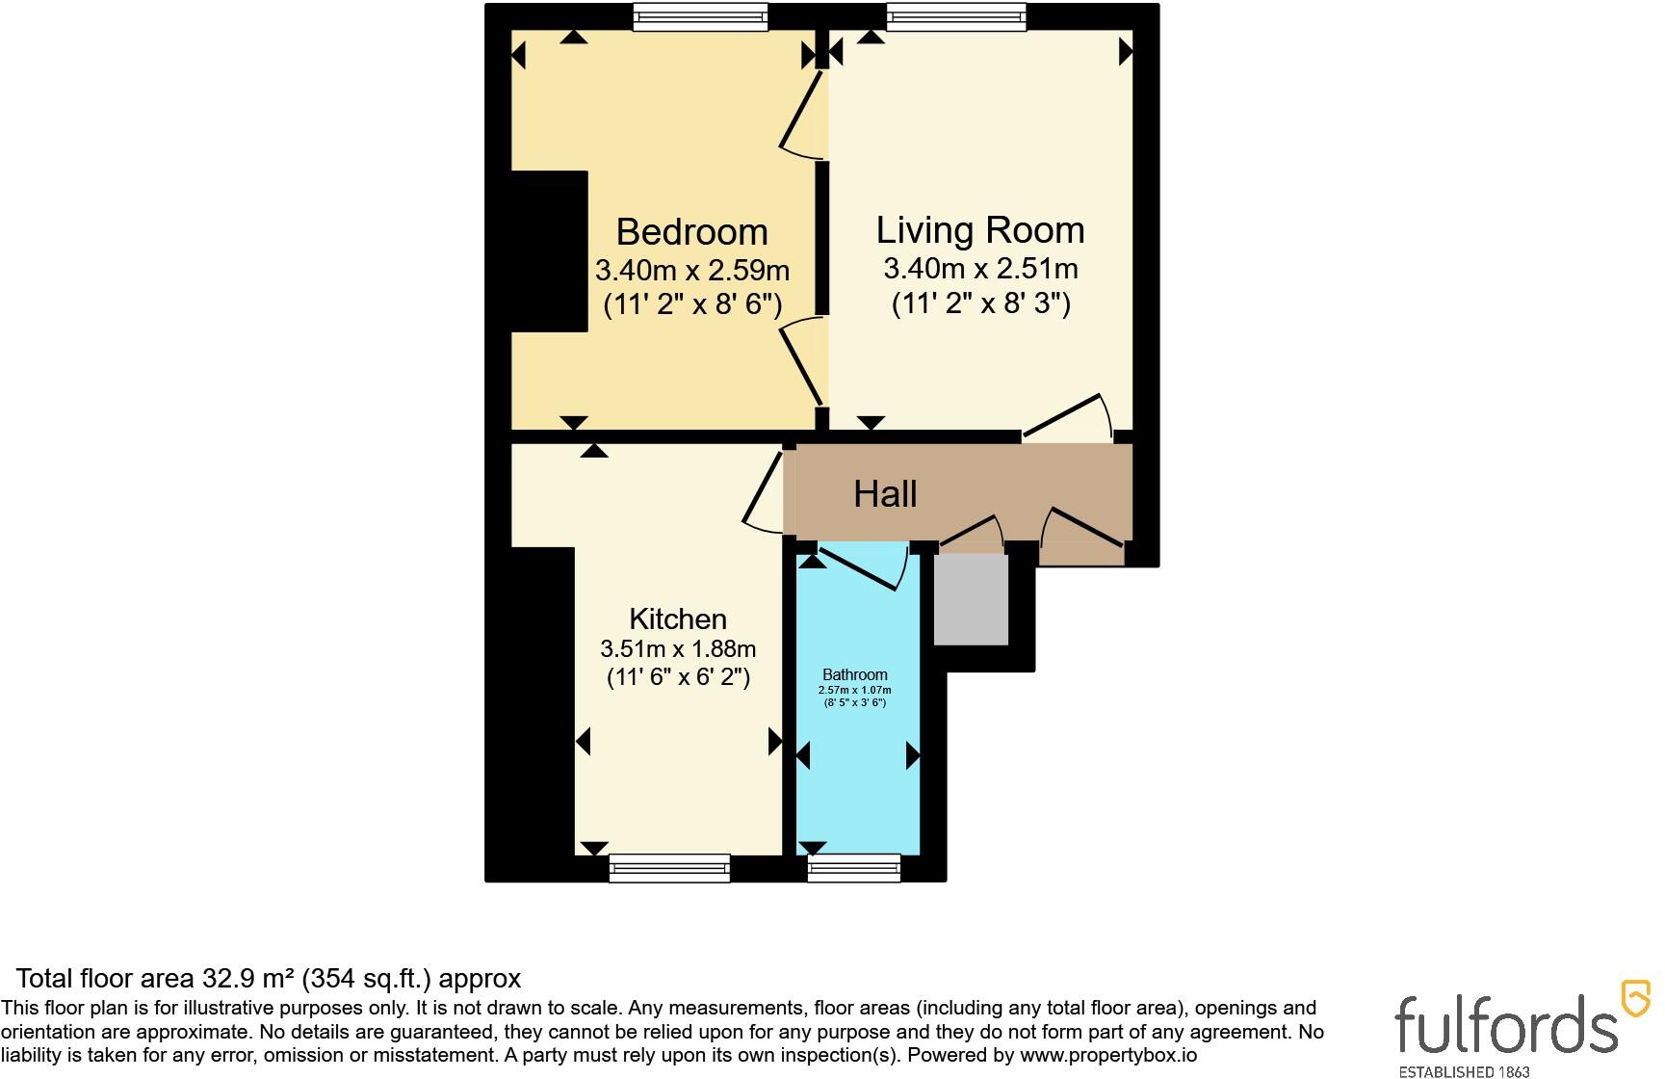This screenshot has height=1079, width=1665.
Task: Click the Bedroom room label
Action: pyautogui.click(x=691, y=232)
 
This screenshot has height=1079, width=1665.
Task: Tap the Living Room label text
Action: pyautogui.click(x=980, y=230)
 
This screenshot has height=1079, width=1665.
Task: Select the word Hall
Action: pyautogui.click(x=885, y=494)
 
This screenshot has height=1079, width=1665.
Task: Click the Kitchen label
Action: pyautogui.click(x=678, y=618)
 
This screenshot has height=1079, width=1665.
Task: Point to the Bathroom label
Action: pyautogui.click(x=855, y=674)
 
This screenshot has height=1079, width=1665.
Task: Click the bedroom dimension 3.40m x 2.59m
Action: pyautogui.click(x=692, y=270)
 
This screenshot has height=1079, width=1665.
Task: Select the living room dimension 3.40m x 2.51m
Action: pyautogui.click(x=980, y=268)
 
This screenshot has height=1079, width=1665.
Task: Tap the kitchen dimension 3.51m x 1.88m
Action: pyautogui.click(x=678, y=648)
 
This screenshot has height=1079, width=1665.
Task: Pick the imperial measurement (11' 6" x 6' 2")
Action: pyautogui.click(x=678, y=677)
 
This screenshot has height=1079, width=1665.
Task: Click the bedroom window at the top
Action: pyautogui.click(x=700, y=16)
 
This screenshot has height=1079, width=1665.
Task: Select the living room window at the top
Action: pyautogui.click(x=956, y=16)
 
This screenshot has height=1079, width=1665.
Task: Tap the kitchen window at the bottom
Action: pyautogui.click(x=669, y=868)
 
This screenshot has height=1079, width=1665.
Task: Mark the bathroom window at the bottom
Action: pyautogui.click(x=854, y=868)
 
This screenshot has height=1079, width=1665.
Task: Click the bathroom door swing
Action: pyautogui.click(x=860, y=566)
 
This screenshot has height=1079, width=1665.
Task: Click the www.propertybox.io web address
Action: pyautogui.click(x=1108, y=1055)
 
